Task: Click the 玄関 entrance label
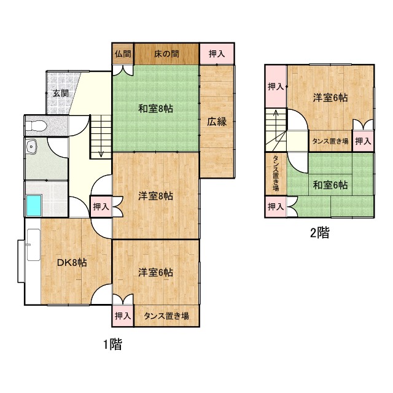pos(60,93)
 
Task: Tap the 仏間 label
pos(123,53)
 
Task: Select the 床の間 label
pos(166,53)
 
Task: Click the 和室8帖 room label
pos(155,109)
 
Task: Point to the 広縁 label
pos(217,121)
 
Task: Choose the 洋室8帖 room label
pos(155,196)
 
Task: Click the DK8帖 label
pos(72,262)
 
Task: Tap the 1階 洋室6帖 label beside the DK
pos(155,272)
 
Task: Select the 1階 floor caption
pos(112,344)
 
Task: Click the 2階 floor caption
pos(319,232)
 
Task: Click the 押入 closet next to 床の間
pos(217,53)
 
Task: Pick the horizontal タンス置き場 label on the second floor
pos(330,141)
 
